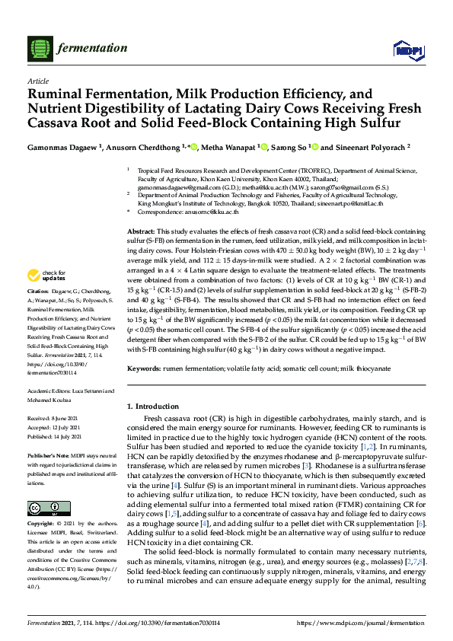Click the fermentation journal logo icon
(38, 48)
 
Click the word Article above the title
(37, 81)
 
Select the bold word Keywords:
(144, 368)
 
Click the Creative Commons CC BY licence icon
(43, 508)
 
